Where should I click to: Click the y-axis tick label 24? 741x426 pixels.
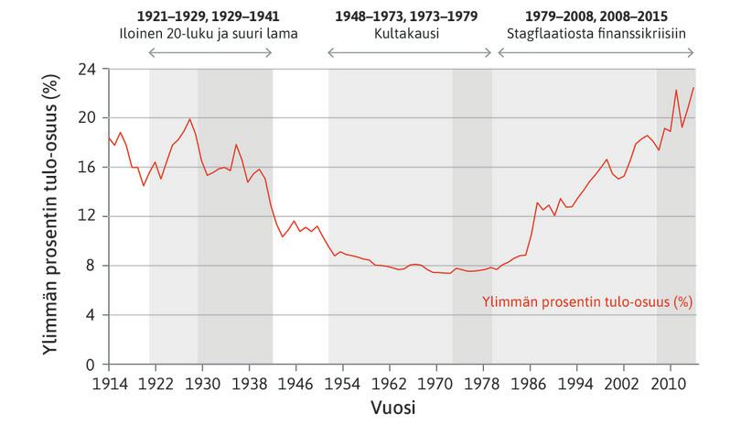tap(89, 69)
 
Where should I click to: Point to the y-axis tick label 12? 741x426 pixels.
tap(89, 216)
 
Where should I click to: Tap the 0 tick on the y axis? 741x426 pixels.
tap(92, 365)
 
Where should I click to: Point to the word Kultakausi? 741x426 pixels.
tap(411, 34)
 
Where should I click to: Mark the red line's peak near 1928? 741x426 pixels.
tap(189, 119)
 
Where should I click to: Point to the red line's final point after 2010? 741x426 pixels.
tap(694, 87)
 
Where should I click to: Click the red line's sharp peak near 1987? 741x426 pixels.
tap(537, 202)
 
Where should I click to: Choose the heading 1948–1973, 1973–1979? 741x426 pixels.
tap(411, 16)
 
